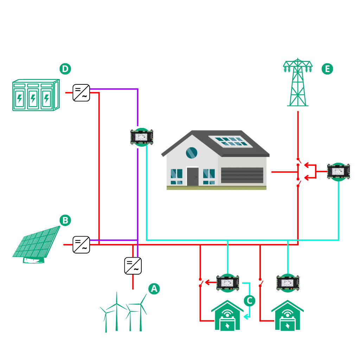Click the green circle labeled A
(x=154, y=289)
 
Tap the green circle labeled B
(x=65, y=220)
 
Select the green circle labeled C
(x=249, y=300)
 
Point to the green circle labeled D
(x=65, y=69)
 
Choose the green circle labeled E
(x=327, y=69)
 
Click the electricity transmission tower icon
(x=298, y=83)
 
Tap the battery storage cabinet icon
(x=36, y=95)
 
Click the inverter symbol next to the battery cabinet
(x=81, y=93)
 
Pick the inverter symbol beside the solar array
(x=81, y=245)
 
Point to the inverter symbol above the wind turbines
(x=133, y=266)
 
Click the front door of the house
(x=192, y=176)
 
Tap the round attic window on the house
(x=192, y=153)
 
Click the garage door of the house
(x=242, y=175)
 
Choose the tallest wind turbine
(x=116, y=311)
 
